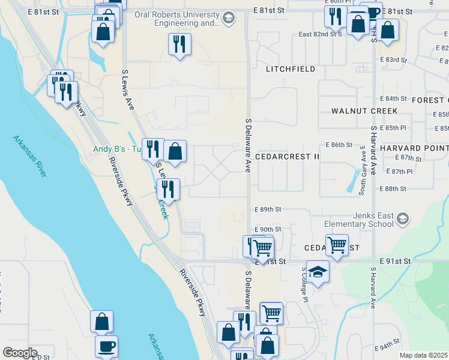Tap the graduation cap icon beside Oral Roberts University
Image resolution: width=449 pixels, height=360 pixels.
(x=228, y=19)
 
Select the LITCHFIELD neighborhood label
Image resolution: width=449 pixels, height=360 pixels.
(x=291, y=69)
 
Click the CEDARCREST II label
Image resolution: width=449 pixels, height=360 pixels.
(x=287, y=156)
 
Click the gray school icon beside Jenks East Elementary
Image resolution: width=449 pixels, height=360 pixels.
(x=403, y=220)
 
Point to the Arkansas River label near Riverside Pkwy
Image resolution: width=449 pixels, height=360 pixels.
(x=29, y=156)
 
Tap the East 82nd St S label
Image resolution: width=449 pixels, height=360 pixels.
(x=320, y=35)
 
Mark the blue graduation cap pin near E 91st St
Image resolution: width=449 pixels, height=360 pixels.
(x=318, y=272)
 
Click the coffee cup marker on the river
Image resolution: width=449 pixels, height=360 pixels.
(x=106, y=346)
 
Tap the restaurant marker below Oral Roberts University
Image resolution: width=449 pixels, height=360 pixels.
(x=179, y=44)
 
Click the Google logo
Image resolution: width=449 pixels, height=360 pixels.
(x=20, y=353)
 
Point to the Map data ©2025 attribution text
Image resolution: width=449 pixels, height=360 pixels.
(x=424, y=355)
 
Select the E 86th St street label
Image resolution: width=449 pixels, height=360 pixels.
(x=339, y=145)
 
